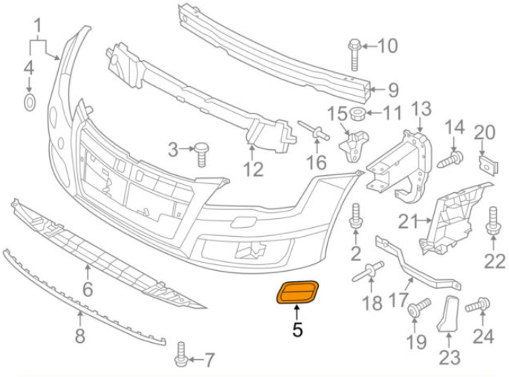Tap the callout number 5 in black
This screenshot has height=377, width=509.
pyautogui.click(x=297, y=330)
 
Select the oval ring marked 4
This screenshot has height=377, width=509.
pyautogui.click(x=30, y=102)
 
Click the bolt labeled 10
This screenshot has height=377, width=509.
pyautogui.click(x=354, y=55)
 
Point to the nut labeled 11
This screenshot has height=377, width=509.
pyautogui.click(x=357, y=114)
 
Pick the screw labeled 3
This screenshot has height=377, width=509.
pyautogui.click(x=201, y=154)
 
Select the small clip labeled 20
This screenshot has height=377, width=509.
pyautogui.click(x=488, y=165)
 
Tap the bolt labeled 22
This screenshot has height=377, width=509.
pyautogui.click(x=493, y=220)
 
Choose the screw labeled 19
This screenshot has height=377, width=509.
pyautogui.click(x=419, y=307)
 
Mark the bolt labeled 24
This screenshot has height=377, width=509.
pyautogui.click(x=477, y=305)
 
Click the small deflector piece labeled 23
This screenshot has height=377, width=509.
pyautogui.click(x=450, y=313)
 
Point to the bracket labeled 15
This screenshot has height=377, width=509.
pyautogui.click(x=353, y=145)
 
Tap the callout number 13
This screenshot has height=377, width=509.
pyautogui.click(x=421, y=109)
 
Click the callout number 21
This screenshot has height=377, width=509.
pyautogui.click(x=408, y=222)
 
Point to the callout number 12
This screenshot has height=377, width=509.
pyautogui.click(x=253, y=169)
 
